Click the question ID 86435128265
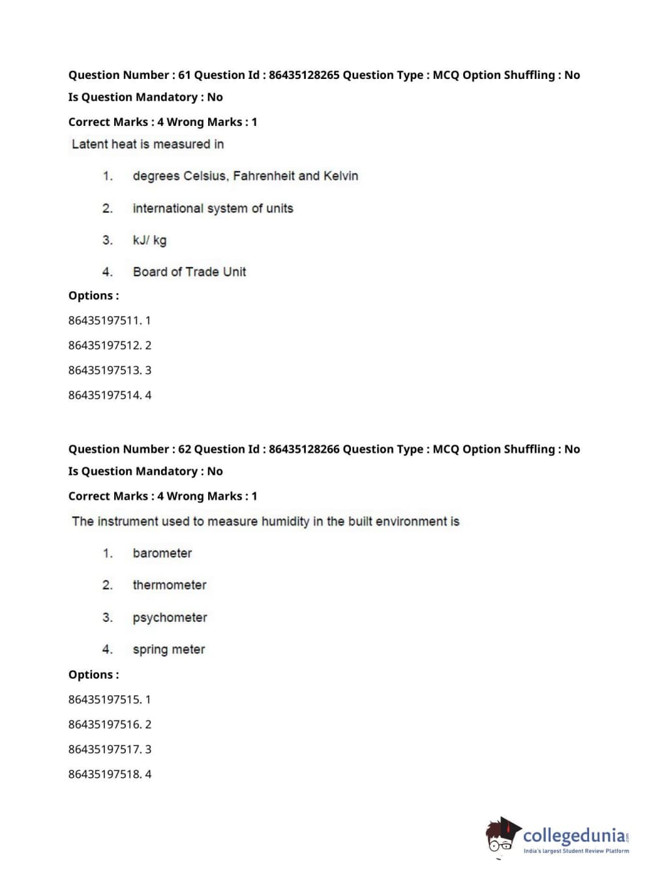pos(304,75)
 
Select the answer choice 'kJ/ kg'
pos(149,240)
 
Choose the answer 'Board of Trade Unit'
pos(189,272)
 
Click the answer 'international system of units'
pos(213,208)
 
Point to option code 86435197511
pos(104,320)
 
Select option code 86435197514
pos(104,395)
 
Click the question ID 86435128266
pos(304,449)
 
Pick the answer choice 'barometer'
pos(162,553)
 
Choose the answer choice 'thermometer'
pos(170,585)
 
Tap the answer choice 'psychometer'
pos(170,617)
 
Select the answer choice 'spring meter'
pos(169,649)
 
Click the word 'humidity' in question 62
pos(285,521)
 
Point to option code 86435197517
pos(104,749)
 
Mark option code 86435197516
pos(104,724)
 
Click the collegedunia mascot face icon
pos(501,837)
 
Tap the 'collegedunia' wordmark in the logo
pos(574,835)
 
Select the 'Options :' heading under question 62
pos(94,675)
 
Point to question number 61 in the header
pos(185,75)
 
